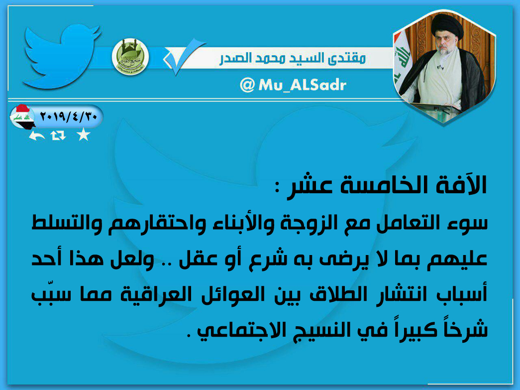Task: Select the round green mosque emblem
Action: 130,57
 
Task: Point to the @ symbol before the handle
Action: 247,85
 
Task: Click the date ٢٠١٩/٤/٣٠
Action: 68,117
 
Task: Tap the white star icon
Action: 83,135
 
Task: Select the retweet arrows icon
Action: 58,135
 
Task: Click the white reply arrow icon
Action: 37,135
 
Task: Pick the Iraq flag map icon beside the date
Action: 22,117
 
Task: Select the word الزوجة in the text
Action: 304,223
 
